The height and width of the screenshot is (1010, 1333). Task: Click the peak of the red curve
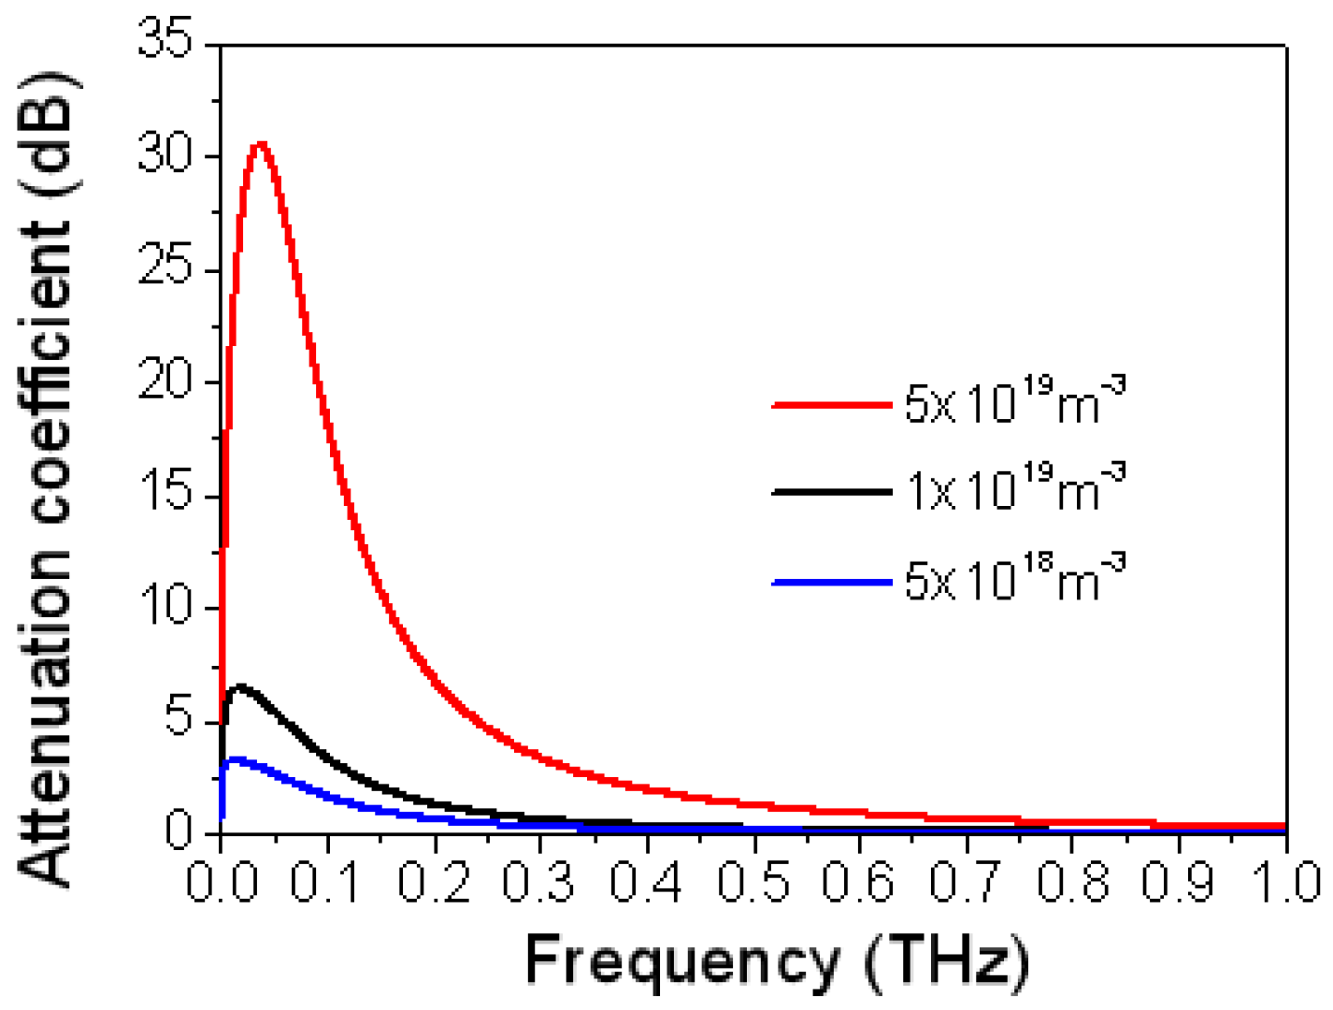click(261, 145)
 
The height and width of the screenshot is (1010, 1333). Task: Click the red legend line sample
click(831, 405)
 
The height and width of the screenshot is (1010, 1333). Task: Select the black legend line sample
click(831, 492)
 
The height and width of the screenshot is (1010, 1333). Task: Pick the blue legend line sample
click(831, 583)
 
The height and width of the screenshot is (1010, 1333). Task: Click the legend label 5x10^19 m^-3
click(1015, 402)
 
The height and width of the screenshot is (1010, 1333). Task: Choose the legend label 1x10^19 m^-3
click(1015, 488)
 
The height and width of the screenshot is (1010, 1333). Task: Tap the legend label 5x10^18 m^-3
click(1015, 580)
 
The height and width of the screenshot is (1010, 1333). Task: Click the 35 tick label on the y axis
click(166, 41)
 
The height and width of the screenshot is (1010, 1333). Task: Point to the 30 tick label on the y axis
click(166, 154)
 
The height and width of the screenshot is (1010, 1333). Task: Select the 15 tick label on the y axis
click(166, 494)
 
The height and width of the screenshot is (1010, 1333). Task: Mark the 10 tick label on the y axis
click(166, 607)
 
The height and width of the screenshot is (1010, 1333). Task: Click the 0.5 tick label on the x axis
click(753, 882)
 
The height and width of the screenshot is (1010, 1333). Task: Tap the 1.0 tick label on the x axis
click(1286, 882)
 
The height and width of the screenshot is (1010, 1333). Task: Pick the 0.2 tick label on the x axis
click(434, 882)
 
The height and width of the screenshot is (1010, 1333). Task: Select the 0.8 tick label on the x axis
click(1073, 882)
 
